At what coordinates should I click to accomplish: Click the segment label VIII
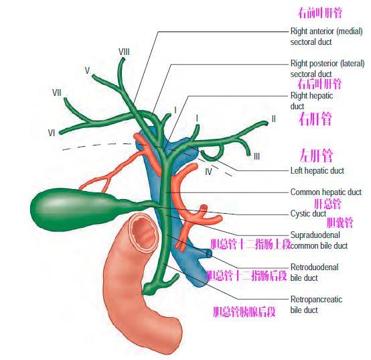click(124, 52)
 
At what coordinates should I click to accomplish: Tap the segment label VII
click(57, 93)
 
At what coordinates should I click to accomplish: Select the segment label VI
click(52, 133)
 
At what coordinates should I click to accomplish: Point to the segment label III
click(256, 156)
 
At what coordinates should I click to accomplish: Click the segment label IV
click(208, 172)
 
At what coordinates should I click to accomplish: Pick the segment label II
click(273, 119)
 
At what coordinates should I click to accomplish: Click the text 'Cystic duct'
click(308, 213)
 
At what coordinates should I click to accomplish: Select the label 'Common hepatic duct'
click(326, 192)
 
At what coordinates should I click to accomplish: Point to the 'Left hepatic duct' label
click(317, 170)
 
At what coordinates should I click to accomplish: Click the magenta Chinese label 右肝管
click(315, 119)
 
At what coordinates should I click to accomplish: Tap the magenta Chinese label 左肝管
click(316, 155)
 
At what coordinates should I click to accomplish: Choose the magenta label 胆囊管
click(340, 223)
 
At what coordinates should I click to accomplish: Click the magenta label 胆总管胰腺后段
click(244, 312)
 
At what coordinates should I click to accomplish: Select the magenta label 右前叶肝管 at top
click(320, 13)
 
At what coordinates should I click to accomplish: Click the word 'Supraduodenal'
click(315, 235)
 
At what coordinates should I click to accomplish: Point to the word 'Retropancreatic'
click(316, 299)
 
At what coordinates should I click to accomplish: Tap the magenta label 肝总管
click(327, 204)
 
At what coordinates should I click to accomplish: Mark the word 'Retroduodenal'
click(315, 267)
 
